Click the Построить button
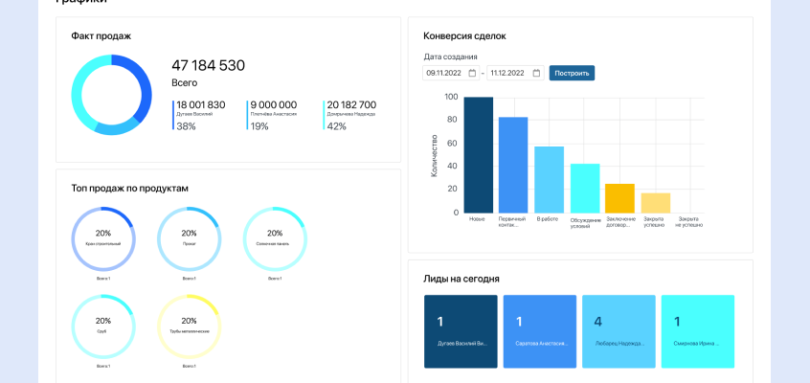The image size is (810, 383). (572, 73)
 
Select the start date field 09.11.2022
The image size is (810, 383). (450, 73)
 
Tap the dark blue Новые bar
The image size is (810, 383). (479, 154)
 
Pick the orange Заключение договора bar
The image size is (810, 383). (619, 197)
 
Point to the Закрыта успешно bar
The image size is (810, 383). (655, 202)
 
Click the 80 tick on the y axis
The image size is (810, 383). (452, 120)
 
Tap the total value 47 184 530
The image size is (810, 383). (208, 65)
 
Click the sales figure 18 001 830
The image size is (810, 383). (200, 105)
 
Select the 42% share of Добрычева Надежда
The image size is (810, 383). (336, 126)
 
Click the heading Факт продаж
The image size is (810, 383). (101, 36)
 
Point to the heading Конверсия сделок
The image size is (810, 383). (464, 36)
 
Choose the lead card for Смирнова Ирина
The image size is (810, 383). (697, 331)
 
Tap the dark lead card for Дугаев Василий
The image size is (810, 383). (461, 331)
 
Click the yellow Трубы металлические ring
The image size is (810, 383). (189, 327)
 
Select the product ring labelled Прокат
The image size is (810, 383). (189, 238)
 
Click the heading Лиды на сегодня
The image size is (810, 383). (461, 279)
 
